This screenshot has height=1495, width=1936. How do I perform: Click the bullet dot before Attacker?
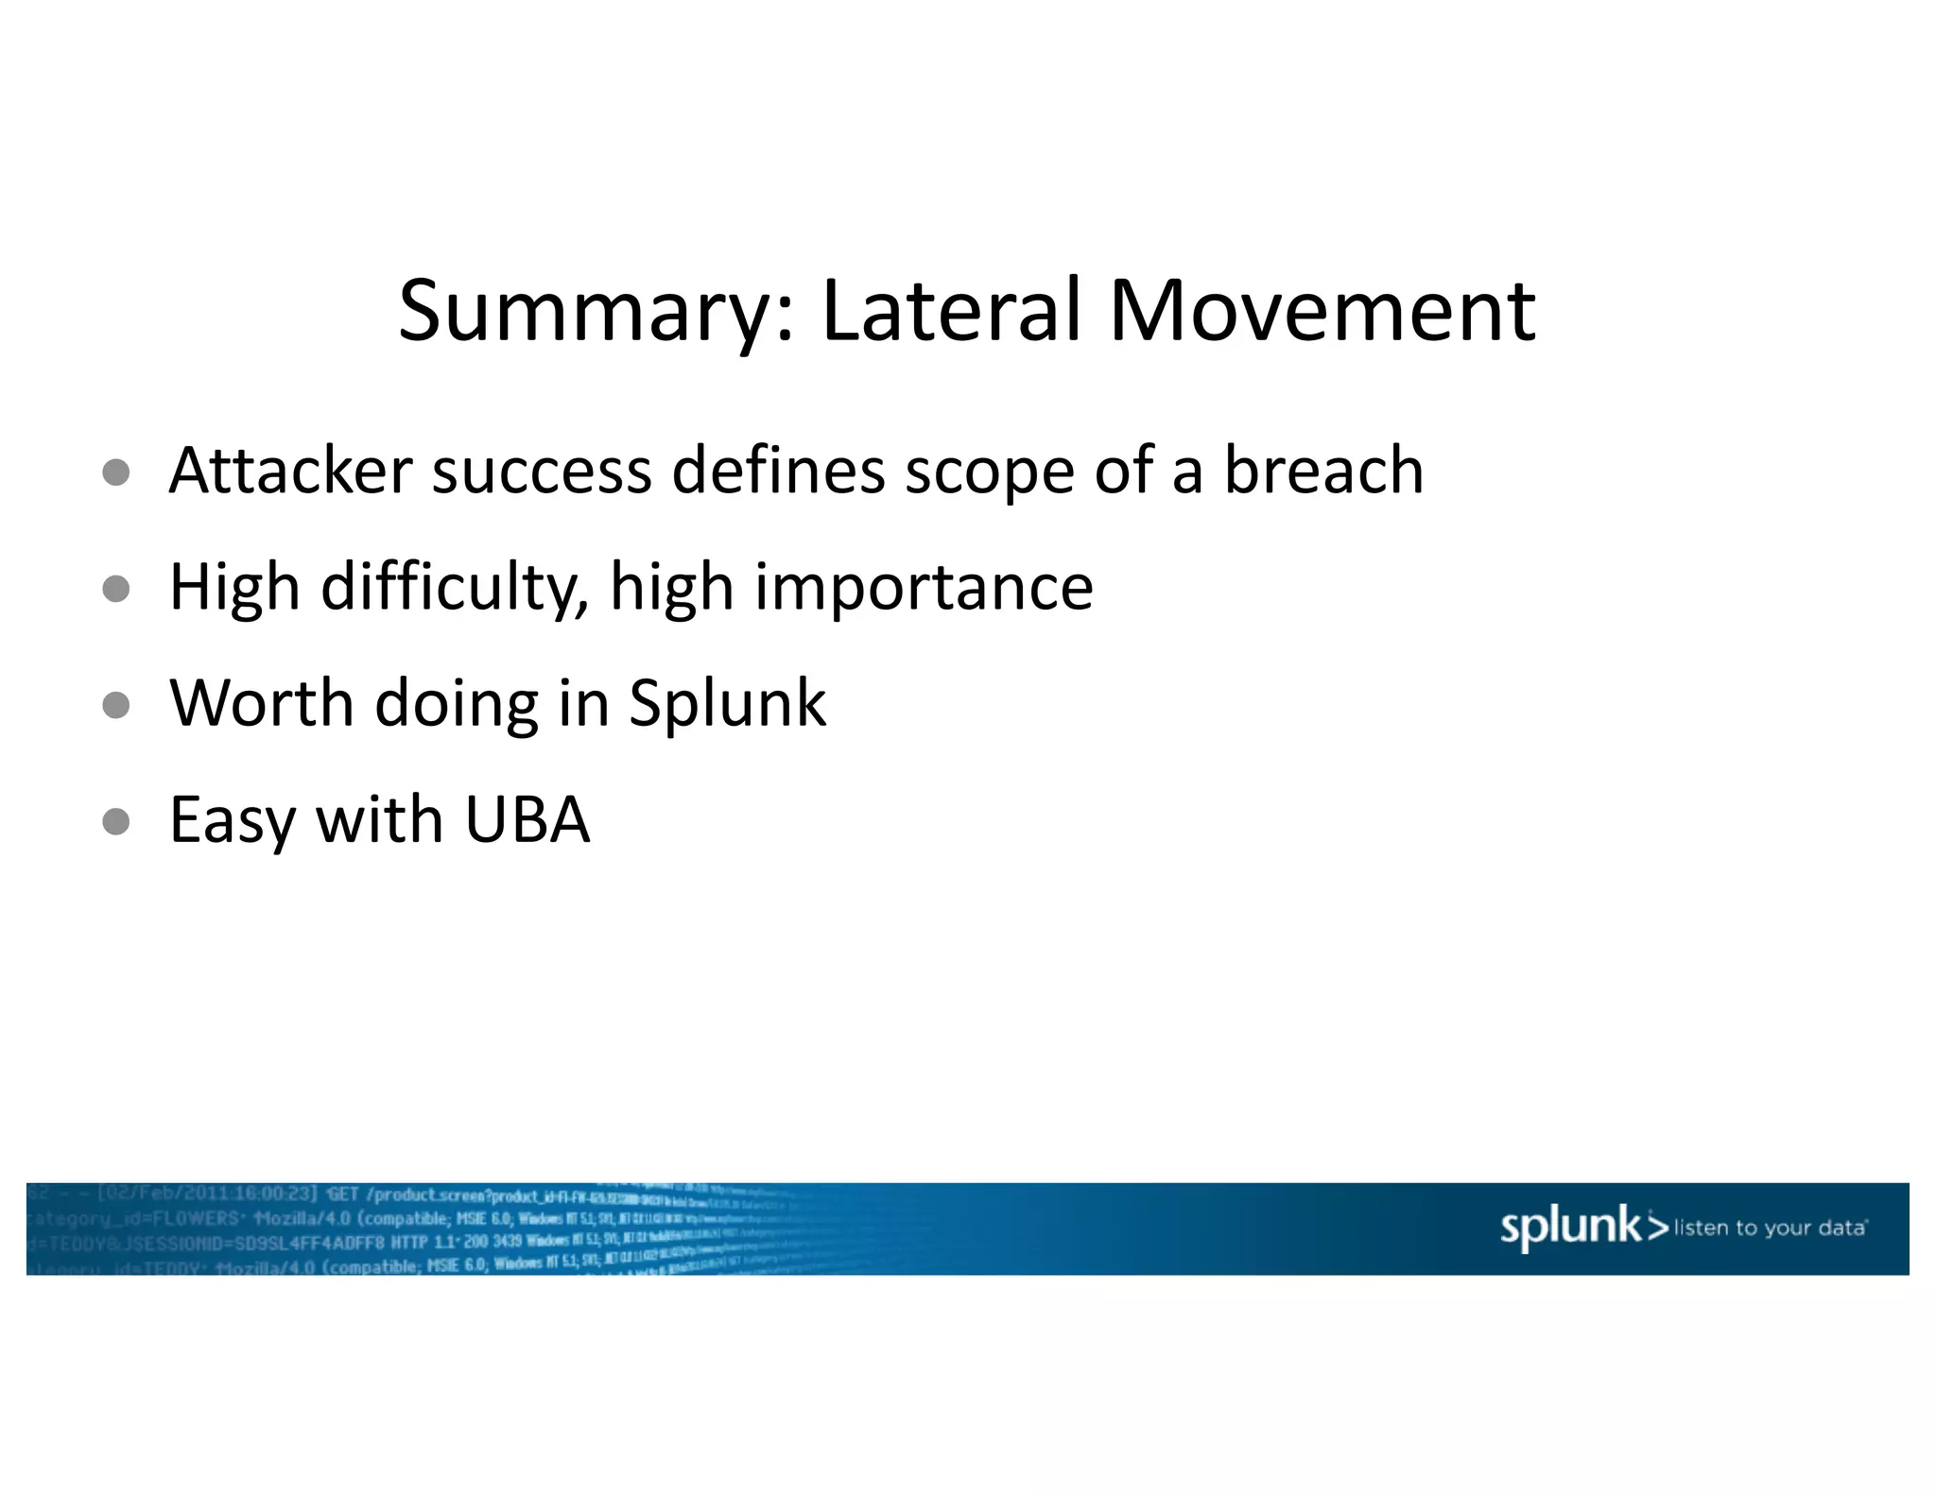point(116,472)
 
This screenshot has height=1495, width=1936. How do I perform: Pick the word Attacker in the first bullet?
point(291,470)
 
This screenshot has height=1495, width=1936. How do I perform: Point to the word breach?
point(1323,470)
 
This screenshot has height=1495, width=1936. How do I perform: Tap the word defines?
point(778,470)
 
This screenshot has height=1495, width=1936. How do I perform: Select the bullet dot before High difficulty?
point(116,589)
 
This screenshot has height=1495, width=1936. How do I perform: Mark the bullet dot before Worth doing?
point(116,705)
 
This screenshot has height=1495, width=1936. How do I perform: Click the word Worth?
point(262,703)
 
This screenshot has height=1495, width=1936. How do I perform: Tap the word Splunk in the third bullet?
point(727,705)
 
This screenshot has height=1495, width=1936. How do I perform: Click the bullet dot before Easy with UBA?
point(116,821)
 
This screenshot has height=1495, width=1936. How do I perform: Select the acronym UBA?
point(527,819)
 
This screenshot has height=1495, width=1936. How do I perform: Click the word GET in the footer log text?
point(342,1194)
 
